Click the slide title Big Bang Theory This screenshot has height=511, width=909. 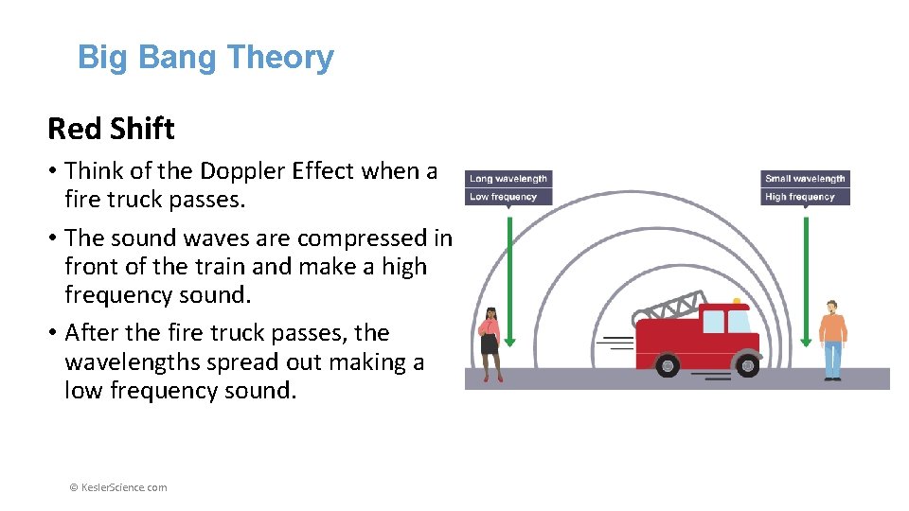(x=205, y=58)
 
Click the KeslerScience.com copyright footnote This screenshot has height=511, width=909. (x=118, y=487)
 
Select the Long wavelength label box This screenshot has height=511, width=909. (x=508, y=179)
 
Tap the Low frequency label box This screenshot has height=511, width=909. (x=508, y=197)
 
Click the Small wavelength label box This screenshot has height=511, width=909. (x=805, y=179)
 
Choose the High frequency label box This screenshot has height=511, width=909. (x=805, y=197)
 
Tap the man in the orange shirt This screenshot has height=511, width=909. (x=832, y=339)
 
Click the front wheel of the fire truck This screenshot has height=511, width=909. (x=748, y=363)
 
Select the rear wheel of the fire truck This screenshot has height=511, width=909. (x=669, y=364)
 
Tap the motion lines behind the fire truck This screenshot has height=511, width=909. (x=619, y=343)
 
